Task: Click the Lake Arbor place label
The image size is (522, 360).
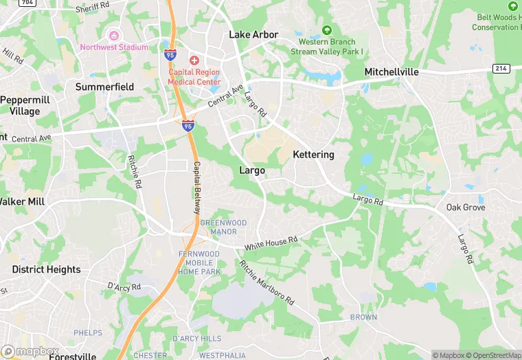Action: click(x=253, y=34)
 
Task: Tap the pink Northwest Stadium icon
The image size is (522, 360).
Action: click(x=114, y=34)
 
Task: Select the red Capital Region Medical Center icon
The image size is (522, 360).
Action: click(x=194, y=60)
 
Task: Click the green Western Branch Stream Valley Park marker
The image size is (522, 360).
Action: click(x=327, y=30)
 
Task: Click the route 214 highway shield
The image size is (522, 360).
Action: click(x=500, y=68)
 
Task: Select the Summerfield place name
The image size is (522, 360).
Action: click(x=104, y=87)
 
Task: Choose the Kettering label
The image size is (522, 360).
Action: click(x=313, y=155)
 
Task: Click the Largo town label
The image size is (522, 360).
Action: click(x=251, y=170)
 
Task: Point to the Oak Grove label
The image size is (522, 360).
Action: click(x=465, y=207)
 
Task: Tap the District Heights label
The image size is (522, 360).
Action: click(x=46, y=269)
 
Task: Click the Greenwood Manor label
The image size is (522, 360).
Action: click(x=218, y=227)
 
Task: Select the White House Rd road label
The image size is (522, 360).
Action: click(x=273, y=243)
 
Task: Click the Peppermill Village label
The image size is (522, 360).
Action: click(x=25, y=105)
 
